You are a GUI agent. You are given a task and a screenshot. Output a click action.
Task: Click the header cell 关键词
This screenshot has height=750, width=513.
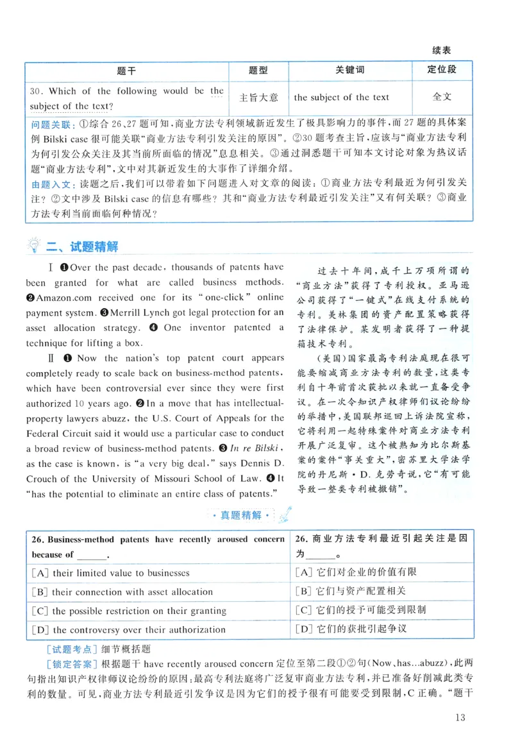coord(349,70)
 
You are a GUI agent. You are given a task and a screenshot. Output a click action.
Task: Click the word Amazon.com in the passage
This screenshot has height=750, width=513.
coord(66,298)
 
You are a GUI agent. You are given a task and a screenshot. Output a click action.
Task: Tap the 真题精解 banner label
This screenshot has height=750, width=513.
coord(240,515)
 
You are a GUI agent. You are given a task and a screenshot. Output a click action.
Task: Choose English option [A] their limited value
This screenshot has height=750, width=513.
coord(110,573)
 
